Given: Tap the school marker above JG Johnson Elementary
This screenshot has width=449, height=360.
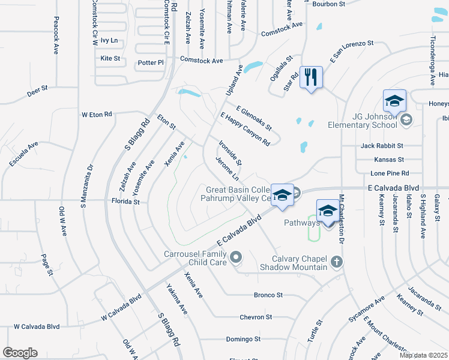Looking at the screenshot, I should click(x=394, y=101).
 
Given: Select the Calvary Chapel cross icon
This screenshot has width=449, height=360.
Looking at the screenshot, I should click(x=337, y=262).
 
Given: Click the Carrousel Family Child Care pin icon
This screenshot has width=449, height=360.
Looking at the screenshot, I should click(x=236, y=258).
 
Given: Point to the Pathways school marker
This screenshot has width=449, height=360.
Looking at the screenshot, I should click(x=328, y=211).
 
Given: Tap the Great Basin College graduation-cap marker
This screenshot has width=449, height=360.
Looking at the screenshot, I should click(x=282, y=195).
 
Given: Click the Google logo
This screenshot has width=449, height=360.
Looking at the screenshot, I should click(x=20, y=353).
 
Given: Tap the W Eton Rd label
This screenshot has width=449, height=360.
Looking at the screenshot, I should click(x=97, y=114).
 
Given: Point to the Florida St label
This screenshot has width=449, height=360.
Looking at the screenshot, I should click(x=125, y=202).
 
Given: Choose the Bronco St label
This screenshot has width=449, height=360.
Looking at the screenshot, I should click(x=268, y=295).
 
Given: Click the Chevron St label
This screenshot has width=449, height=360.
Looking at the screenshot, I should click(x=256, y=317).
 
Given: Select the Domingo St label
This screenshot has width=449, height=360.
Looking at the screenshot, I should click(x=243, y=339).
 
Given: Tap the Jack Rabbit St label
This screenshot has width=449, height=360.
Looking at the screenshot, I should click(x=382, y=146).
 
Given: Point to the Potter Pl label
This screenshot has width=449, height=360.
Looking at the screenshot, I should click(x=151, y=62).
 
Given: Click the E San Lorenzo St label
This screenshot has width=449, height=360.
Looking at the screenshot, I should click(x=351, y=53).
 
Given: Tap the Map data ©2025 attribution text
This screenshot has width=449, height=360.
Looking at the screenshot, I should click(x=423, y=355).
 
